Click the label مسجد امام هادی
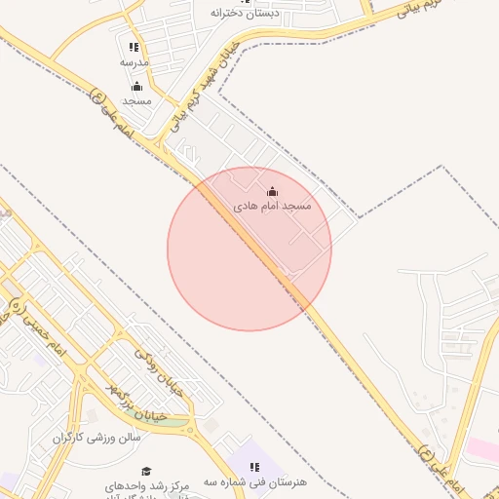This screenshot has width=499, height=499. tap(272, 208)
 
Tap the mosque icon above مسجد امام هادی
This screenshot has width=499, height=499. tap(272, 191)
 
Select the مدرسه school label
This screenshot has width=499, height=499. tap(134, 62)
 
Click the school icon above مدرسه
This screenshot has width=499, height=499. tap(134, 47)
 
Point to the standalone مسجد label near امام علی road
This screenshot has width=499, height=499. tap(136, 100)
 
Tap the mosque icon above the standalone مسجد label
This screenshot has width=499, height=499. tap(136, 86)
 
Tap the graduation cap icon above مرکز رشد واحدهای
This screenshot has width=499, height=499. tap(146, 472)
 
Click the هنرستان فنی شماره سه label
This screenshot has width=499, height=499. tap(255, 482)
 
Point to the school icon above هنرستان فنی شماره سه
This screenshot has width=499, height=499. tap(255, 468)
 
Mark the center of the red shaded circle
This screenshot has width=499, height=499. tap(249, 249)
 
